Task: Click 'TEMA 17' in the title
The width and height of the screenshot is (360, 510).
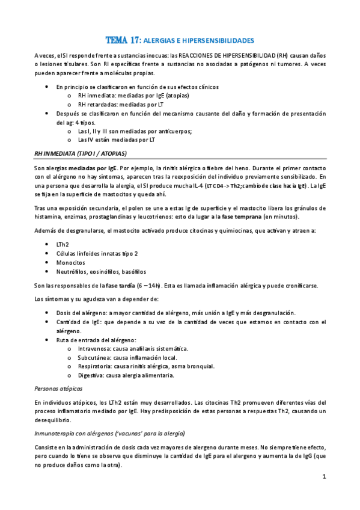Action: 121,40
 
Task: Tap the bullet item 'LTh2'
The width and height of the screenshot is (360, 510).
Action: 63,244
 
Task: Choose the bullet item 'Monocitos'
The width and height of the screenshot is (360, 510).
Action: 70,263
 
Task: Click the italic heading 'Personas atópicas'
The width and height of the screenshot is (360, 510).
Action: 59,389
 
